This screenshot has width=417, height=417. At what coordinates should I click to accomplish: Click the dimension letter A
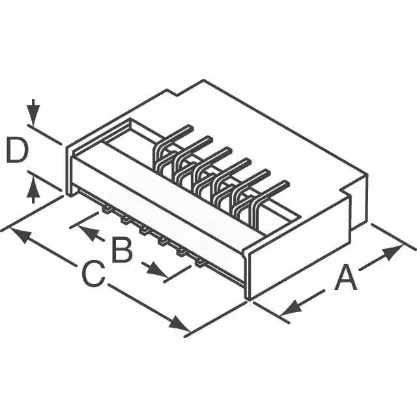(346, 280)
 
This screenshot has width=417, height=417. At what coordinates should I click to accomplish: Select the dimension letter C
(93, 274)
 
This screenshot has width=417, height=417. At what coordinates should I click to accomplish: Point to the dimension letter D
(17, 151)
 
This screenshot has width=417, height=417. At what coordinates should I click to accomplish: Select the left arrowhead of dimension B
(91, 231)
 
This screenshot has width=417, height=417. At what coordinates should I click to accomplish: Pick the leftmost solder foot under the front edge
(104, 209)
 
